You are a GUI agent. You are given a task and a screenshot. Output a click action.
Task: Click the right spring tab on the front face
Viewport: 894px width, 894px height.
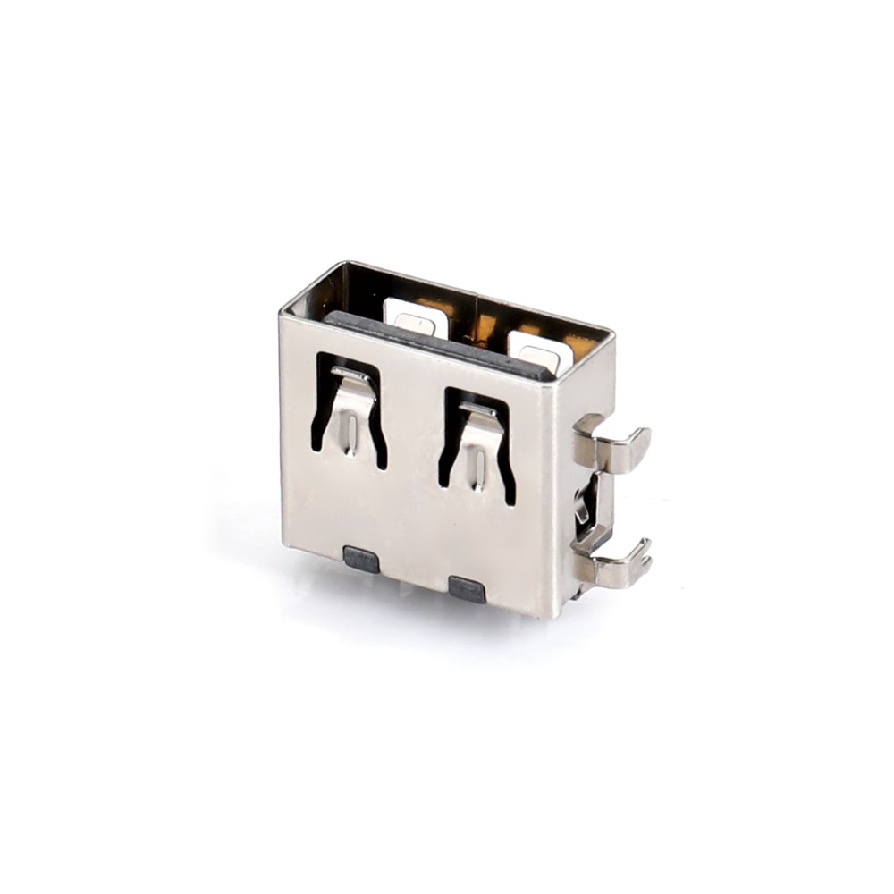tap(478, 447)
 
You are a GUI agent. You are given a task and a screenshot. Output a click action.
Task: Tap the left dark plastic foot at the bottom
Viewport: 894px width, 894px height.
tap(361, 560)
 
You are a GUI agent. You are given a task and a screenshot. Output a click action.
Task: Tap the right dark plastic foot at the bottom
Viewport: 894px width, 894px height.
tap(467, 588)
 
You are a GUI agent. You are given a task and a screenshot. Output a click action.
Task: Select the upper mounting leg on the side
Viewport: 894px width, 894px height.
tap(612, 444)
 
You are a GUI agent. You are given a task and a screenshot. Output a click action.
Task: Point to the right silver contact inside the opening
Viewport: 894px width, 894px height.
tap(539, 351)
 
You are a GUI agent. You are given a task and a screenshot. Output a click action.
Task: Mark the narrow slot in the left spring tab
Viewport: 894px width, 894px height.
tap(353, 434)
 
